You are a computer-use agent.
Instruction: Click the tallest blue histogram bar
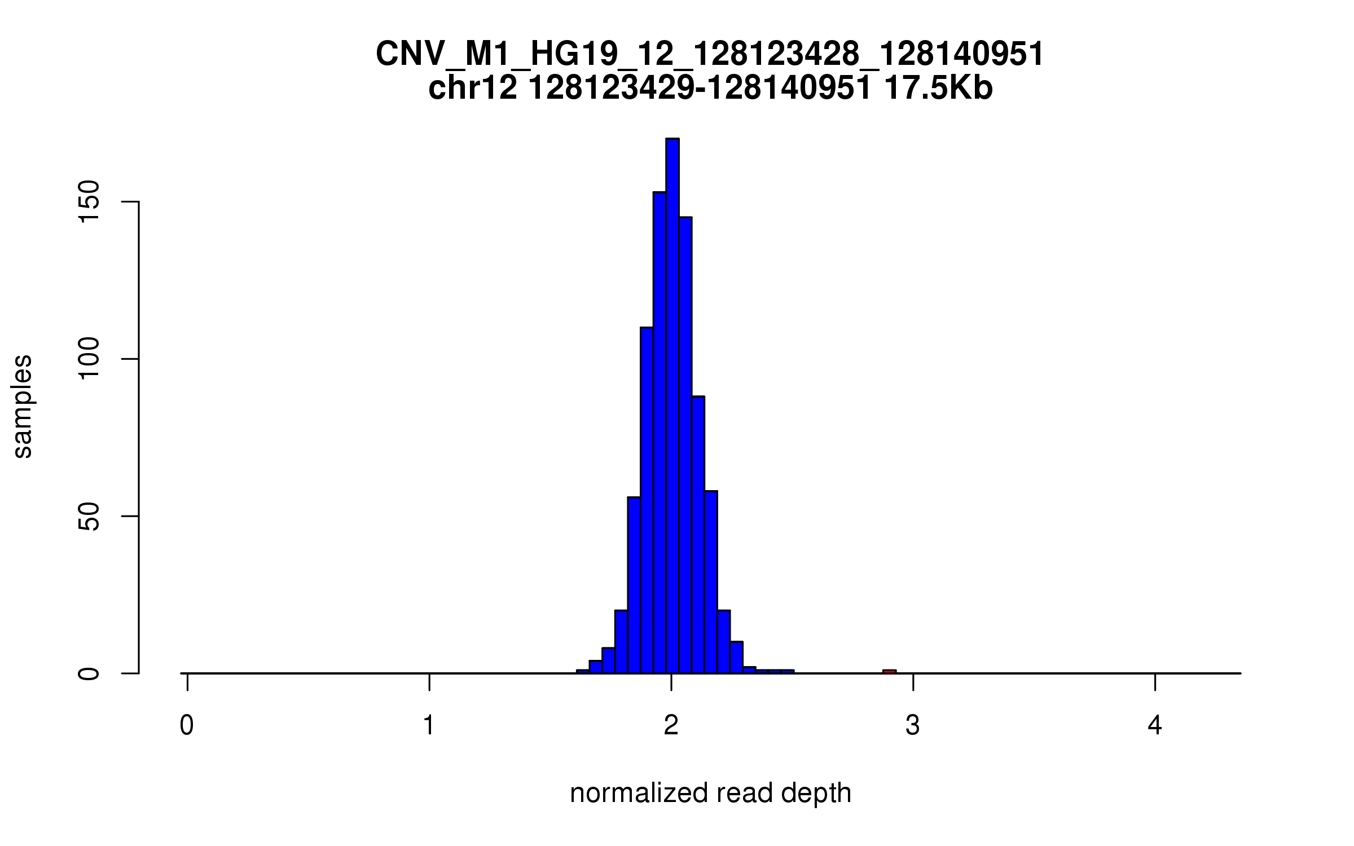click(x=672, y=406)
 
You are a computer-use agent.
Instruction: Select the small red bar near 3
click(x=889, y=671)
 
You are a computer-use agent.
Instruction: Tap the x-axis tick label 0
click(x=187, y=726)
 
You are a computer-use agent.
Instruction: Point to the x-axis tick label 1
click(x=429, y=726)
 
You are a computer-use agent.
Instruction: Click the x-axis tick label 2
click(x=671, y=726)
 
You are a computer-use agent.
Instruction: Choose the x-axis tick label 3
click(x=913, y=726)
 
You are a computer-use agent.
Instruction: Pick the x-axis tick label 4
click(x=1155, y=726)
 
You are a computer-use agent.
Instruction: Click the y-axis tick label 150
click(x=89, y=202)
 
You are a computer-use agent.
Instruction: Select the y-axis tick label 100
click(x=89, y=359)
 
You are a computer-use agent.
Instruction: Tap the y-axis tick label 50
click(x=89, y=516)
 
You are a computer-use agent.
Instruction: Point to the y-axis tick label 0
click(x=89, y=673)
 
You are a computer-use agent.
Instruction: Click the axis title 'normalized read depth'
click(x=710, y=794)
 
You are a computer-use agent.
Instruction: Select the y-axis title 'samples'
click(x=23, y=406)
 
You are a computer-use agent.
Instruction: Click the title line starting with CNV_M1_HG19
click(x=710, y=55)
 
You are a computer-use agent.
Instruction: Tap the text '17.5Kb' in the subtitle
click(x=938, y=89)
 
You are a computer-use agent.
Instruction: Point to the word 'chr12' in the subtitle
click(x=473, y=89)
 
